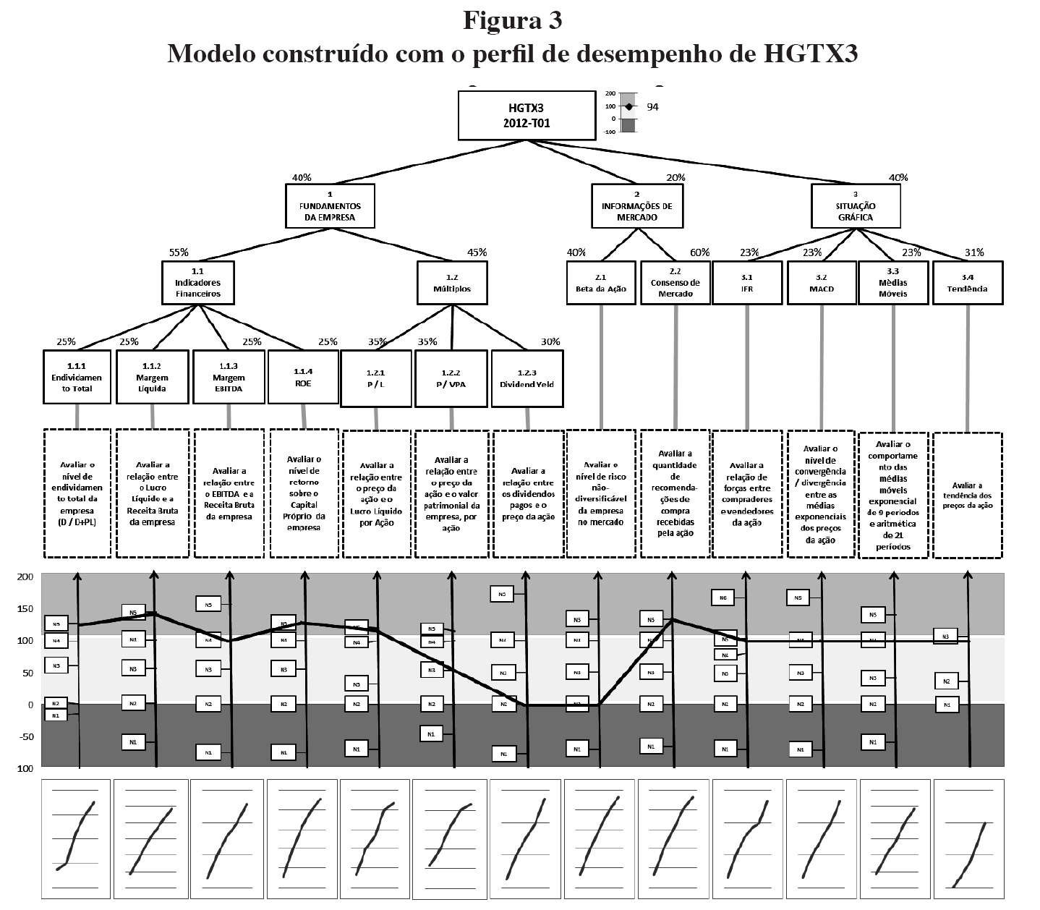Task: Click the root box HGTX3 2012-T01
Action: click(x=527, y=115)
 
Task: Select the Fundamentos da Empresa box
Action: click(x=330, y=205)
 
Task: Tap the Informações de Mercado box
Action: click(x=636, y=205)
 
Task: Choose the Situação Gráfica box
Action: click(x=856, y=205)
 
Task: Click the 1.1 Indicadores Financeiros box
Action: click(x=197, y=282)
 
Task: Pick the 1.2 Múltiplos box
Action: click(x=453, y=282)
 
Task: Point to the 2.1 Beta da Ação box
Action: click(x=600, y=282)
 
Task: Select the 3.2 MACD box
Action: click(x=821, y=282)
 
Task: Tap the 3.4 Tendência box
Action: click(x=968, y=282)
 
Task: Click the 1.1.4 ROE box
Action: click(x=303, y=377)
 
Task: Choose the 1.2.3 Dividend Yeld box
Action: click(x=527, y=378)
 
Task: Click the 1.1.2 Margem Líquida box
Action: click(x=152, y=378)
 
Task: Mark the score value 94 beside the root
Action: click(x=652, y=107)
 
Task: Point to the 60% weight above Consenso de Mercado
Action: click(x=699, y=252)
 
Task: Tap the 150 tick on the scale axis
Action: click(x=25, y=608)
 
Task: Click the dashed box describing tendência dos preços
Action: click(x=968, y=495)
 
